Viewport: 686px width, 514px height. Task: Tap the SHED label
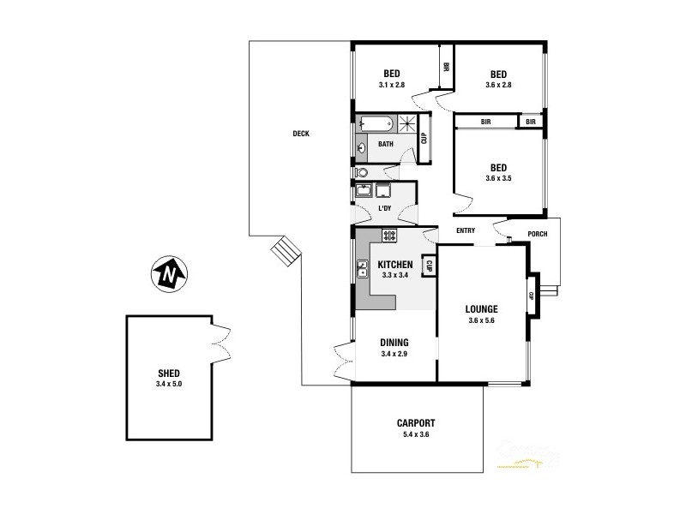click(169, 373)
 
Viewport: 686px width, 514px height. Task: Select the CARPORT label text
click(417, 422)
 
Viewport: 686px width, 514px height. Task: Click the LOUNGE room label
click(482, 308)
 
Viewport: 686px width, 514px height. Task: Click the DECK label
click(300, 133)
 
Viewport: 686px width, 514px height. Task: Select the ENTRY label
click(466, 230)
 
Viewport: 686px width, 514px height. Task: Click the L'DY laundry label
click(385, 208)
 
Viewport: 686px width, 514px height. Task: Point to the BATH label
click(386, 144)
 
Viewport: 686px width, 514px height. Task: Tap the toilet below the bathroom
click(362, 171)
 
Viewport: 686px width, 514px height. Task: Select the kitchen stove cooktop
click(388, 235)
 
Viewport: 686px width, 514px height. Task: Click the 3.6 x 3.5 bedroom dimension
click(498, 178)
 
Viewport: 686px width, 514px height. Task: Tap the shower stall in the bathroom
click(417, 123)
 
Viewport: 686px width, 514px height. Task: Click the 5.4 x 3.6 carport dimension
click(417, 434)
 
